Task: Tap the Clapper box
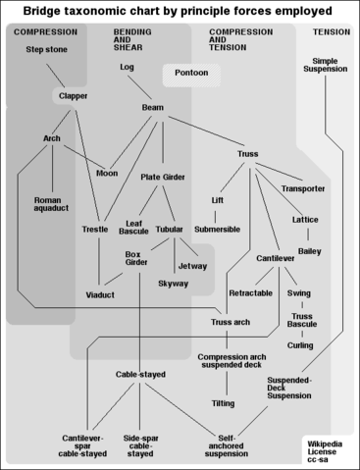click(x=71, y=96)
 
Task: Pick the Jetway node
click(x=193, y=265)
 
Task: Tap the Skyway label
click(x=174, y=283)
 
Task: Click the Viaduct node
click(x=100, y=294)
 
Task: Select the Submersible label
click(x=217, y=229)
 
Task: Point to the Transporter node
click(x=303, y=188)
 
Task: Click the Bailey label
click(x=309, y=251)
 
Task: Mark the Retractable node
click(x=250, y=293)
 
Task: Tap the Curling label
click(x=300, y=345)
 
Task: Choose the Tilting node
click(x=223, y=403)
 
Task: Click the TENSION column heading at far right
click(x=331, y=32)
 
